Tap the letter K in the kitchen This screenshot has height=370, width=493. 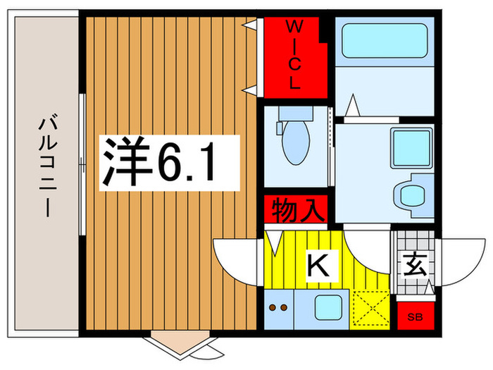[318, 266]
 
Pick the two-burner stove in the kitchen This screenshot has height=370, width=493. [279, 307]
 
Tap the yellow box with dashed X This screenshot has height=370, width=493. [369, 308]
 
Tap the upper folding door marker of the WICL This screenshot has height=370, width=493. [250, 25]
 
